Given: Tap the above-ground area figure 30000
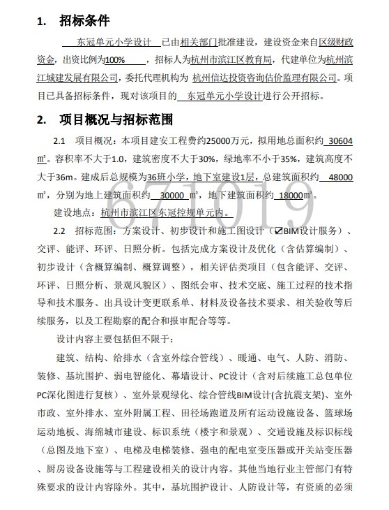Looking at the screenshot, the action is pos(173,195).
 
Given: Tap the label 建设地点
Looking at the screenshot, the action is pos(73,213).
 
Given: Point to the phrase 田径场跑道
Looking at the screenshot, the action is pos(208,413).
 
